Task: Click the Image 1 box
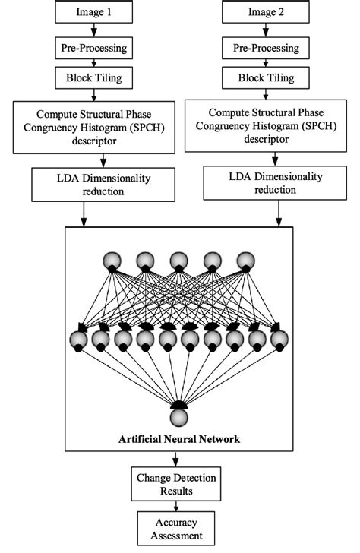pyautogui.click(x=93, y=12)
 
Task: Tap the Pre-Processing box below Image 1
pyautogui.click(x=93, y=48)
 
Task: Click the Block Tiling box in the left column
pyautogui.click(x=93, y=77)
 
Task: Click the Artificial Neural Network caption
pyautogui.click(x=179, y=439)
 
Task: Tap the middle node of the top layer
pyautogui.click(x=179, y=261)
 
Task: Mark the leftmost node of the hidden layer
pyautogui.click(x=78, y=339)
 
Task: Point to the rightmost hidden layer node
pyautogui.click(x=280, y=339)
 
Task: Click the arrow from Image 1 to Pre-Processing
pyautogui.click(x=93, y=30)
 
